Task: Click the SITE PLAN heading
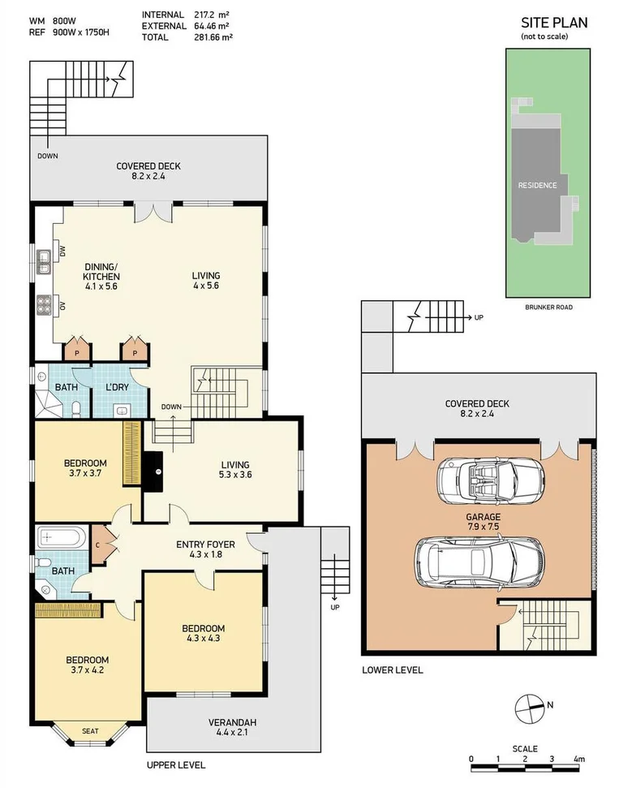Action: pyautogui.click(x=553, y=23)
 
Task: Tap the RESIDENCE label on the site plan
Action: pyautogui.click(x=537, y=185)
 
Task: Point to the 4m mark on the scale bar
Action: pyautogui.click(x=578, y=760)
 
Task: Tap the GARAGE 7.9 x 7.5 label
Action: pyautogui.click(x=483, y=522)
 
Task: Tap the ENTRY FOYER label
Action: pyautogui.click(x=206, y=549)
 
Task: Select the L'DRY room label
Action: pyautogui.click(x=118, y=388)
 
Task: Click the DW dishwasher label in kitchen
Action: pyautogui.click(x=62, y=251)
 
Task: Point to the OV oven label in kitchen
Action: pyautogui.click(x=62, y=306)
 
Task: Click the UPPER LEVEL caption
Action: pyautogui.click(x=175, y=765)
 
